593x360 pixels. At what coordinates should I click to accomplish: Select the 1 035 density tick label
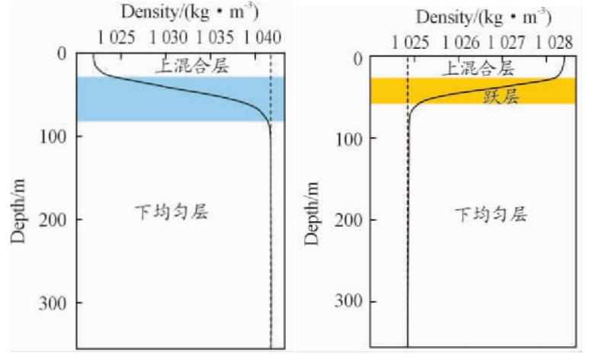point(215,36)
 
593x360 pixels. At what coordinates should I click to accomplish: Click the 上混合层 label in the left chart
point(191,66)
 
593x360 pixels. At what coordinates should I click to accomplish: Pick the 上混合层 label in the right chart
point(478,68)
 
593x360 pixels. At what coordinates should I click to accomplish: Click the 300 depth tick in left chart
point(57,302)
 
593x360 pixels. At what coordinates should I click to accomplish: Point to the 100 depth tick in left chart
point(57,136)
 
